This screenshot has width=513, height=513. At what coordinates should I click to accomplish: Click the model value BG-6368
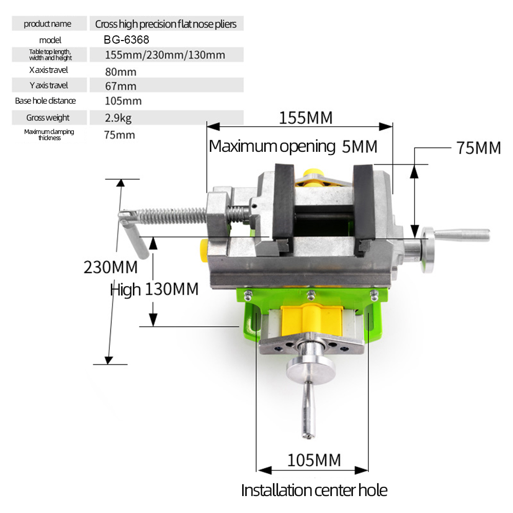126,40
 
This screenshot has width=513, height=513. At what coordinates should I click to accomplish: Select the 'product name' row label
48,24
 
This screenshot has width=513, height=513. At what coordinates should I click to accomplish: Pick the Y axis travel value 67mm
120,86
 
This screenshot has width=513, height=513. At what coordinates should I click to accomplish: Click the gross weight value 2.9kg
118,119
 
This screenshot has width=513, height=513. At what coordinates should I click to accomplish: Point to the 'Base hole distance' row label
45,101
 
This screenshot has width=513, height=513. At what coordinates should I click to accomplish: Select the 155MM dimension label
306,118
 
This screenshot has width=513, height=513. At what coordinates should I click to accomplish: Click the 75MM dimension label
478,148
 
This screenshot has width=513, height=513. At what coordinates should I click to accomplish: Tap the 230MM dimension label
110,267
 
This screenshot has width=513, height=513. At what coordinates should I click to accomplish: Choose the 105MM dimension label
313,460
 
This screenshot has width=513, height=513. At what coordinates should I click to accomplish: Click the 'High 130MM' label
154,290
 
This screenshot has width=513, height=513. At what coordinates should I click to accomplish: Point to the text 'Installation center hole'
314,490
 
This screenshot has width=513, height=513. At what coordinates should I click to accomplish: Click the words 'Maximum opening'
272,147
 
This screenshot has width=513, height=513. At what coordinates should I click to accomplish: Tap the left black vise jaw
284,203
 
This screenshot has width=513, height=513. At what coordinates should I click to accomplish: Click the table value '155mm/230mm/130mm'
165,55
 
